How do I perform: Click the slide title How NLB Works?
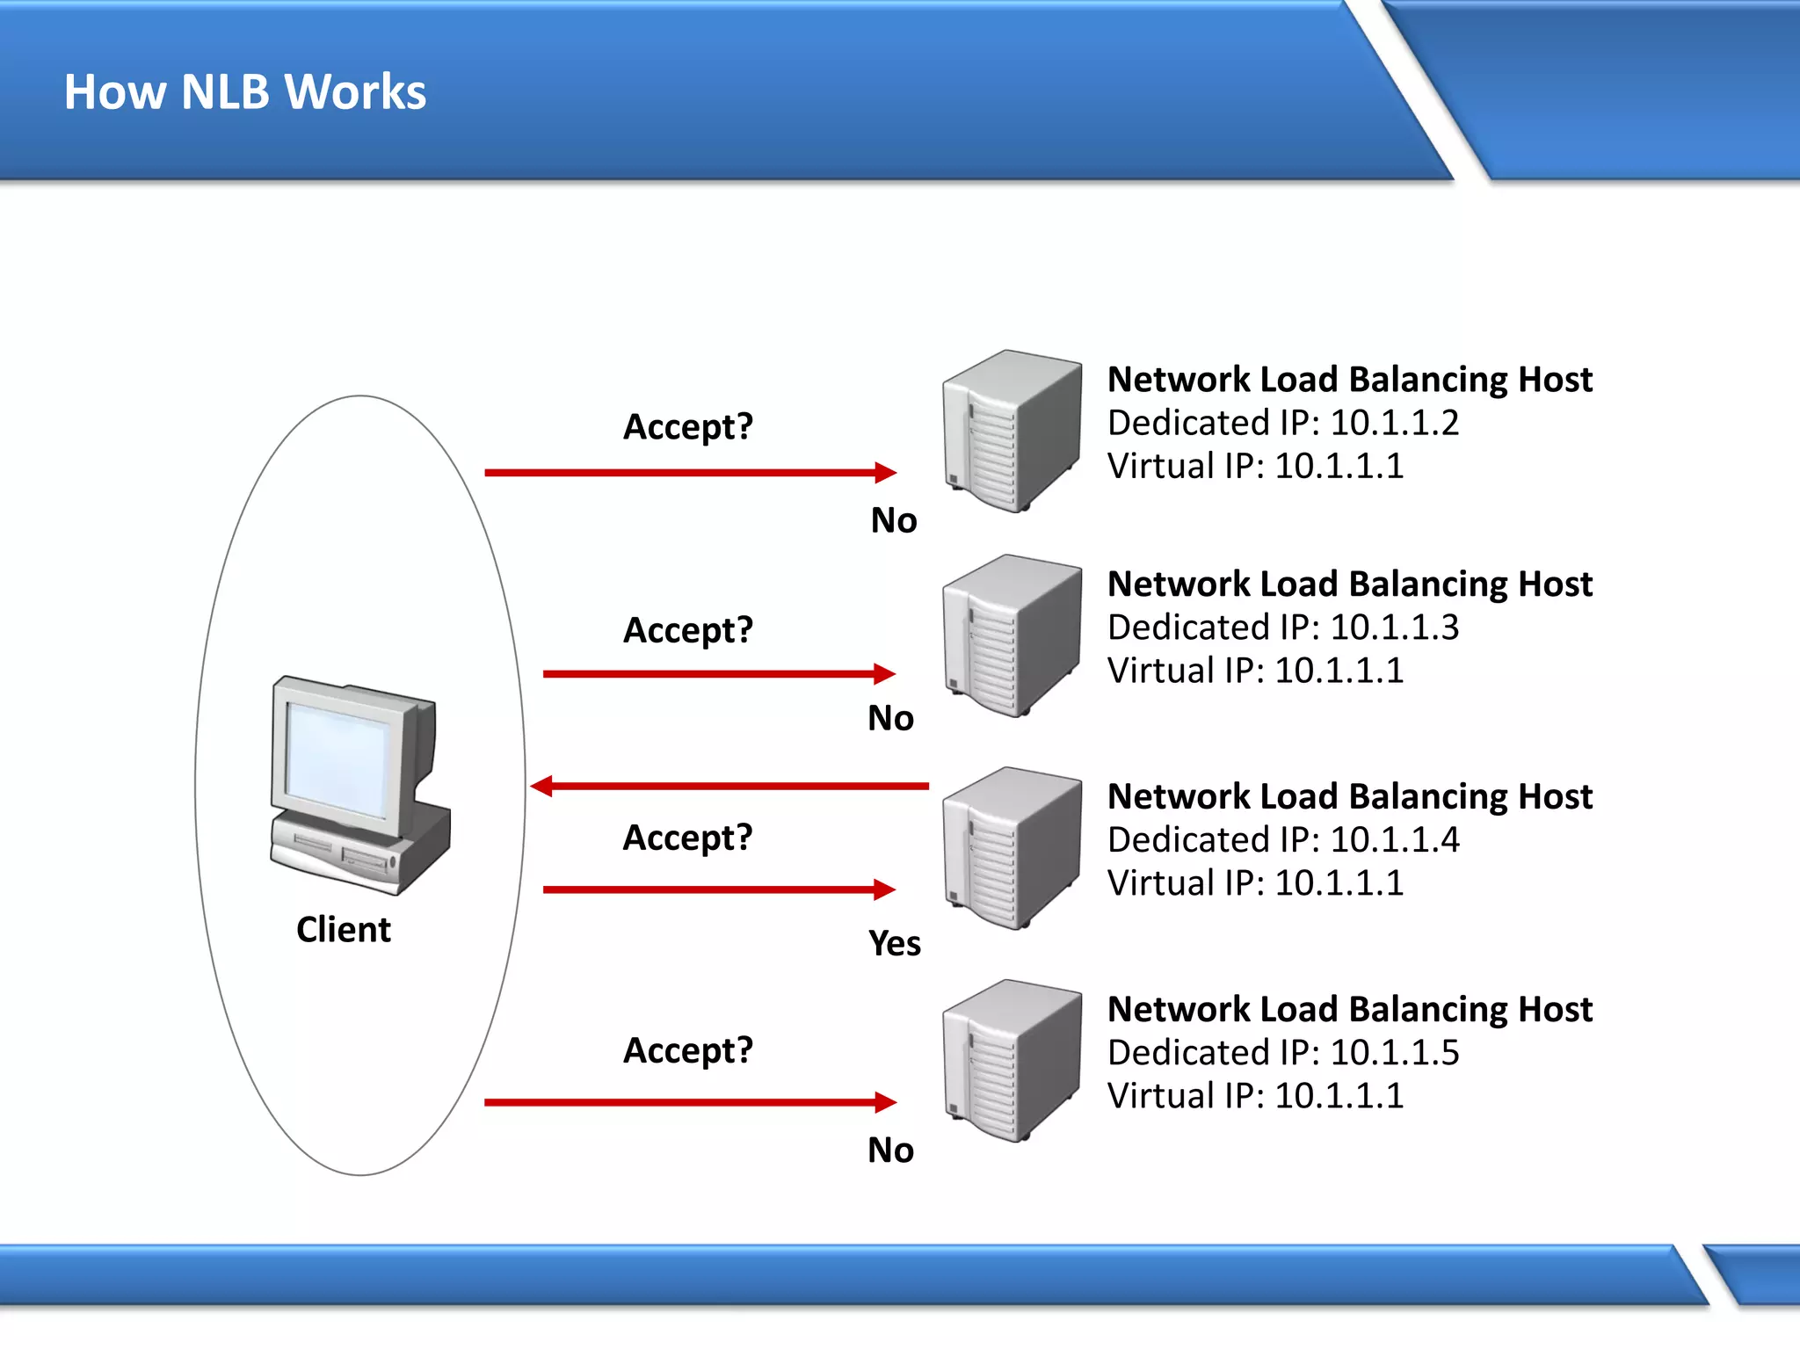244,91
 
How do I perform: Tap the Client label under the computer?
343,929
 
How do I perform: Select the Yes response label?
894,943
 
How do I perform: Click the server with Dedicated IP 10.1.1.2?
1011,431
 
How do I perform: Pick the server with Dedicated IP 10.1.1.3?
1011,635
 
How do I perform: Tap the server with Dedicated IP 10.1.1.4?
1011,848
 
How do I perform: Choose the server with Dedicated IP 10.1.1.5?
1011,1061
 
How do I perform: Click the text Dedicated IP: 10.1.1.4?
1282,839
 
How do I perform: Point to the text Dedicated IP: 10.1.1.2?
1282,423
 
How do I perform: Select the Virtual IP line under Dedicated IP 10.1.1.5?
1254,1095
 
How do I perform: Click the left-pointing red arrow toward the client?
729,786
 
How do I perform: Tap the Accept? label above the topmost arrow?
687,427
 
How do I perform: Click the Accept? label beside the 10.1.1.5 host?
687,1050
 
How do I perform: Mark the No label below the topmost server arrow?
893,520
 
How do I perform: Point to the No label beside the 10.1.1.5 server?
890,1150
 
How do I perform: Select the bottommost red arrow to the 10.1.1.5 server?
690,1102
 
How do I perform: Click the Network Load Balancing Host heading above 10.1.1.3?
1349,584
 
